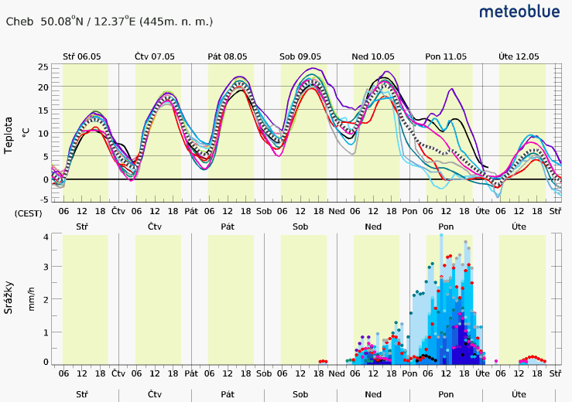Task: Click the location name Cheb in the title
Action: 19,22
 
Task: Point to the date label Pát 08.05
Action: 227,56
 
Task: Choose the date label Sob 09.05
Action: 300,56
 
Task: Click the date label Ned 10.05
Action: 373,56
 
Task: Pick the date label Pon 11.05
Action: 446,56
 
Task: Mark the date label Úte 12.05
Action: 519,56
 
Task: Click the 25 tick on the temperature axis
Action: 43,67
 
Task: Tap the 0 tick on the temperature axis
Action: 46,179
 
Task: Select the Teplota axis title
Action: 9,135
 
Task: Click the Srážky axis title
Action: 9,297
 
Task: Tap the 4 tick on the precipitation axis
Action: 46,237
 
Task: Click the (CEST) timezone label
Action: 28,212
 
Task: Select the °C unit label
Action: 26,133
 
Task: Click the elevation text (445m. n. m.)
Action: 176,22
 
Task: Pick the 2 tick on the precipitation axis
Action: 46,299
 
